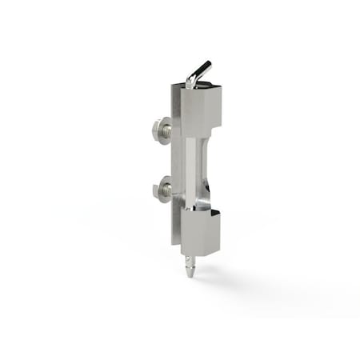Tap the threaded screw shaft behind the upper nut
point(168,128)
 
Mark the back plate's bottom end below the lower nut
point(174,228)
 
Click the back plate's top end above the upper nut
point(174,100)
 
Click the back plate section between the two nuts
point(176,160)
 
